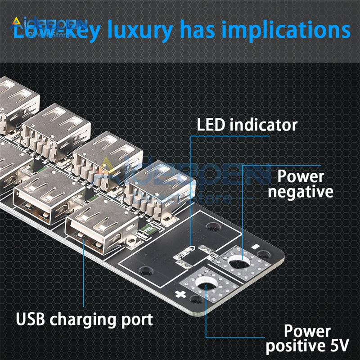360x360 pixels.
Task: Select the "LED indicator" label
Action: (247, 125)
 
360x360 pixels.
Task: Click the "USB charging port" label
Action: (85, 320)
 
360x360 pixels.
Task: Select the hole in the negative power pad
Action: (237, 262)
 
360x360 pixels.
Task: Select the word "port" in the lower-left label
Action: (136, 321)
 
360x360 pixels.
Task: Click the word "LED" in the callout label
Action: (212, 125)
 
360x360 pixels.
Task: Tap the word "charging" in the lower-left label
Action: (84, 321)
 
